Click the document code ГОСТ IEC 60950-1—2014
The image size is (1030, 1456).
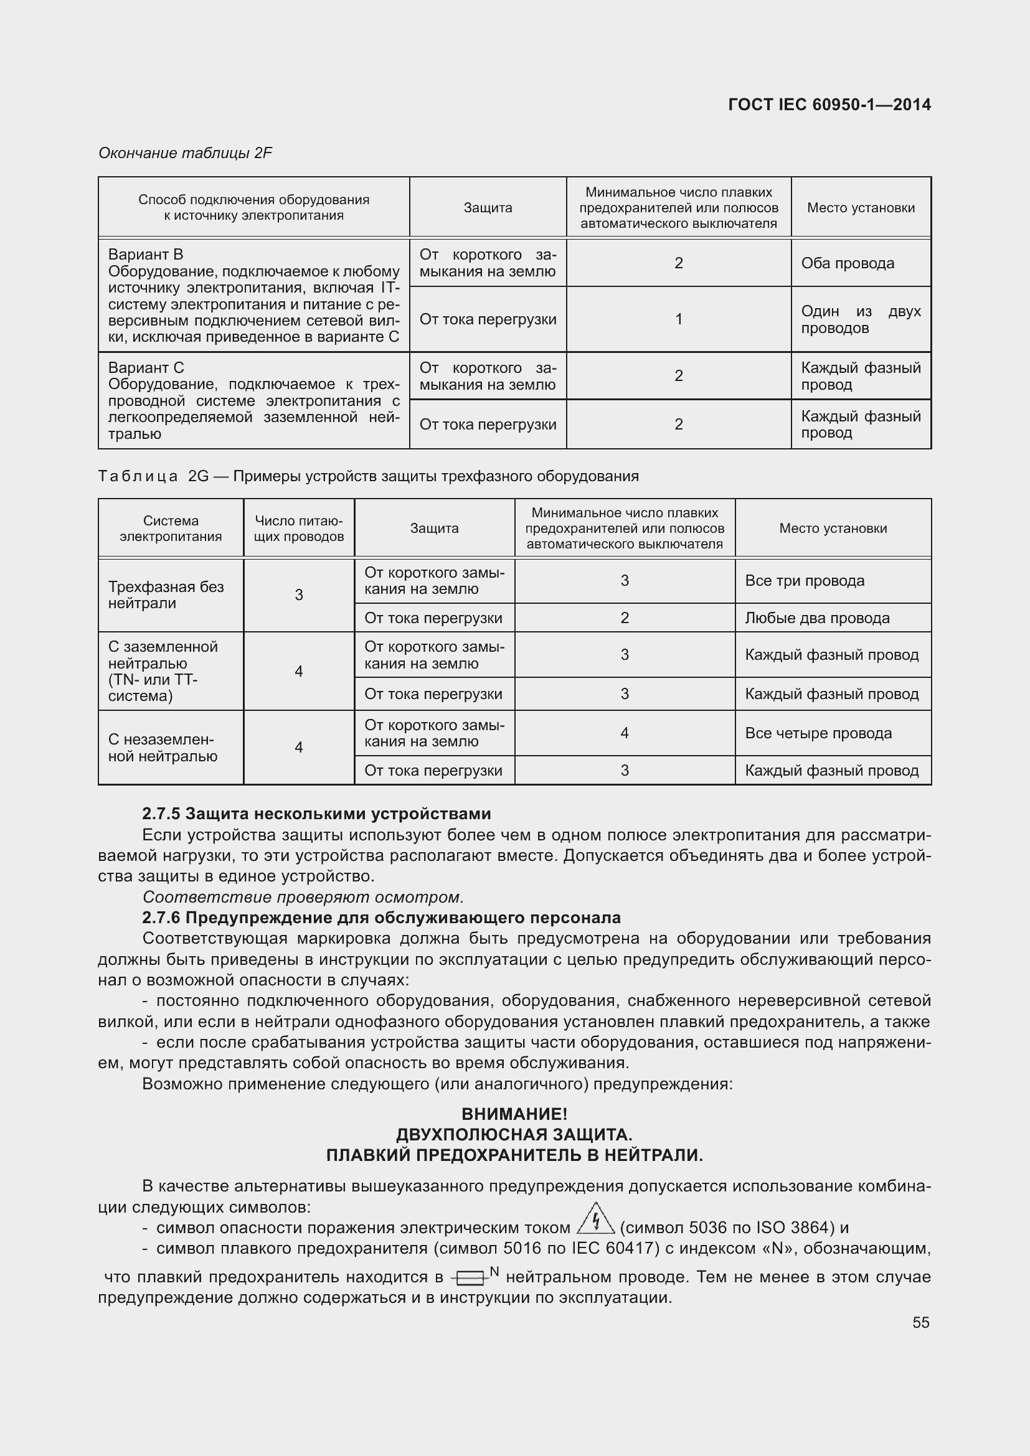point(829,105)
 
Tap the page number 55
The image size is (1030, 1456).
point(920,1322)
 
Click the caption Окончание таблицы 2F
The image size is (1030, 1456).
point(185,153)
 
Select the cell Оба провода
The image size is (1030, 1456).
point(848,263)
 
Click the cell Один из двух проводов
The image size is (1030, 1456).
point(860,319)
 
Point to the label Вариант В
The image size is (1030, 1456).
point(145,255)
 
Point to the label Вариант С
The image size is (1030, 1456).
point(146,368)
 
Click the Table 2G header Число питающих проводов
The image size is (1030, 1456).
point(299,528)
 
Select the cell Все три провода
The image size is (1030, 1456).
point(804,581)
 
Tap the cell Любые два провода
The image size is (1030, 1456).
point(817,618)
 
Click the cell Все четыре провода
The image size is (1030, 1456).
point(818,733)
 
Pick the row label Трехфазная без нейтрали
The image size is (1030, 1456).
point(166,595)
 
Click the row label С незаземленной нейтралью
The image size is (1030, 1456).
point(163,748)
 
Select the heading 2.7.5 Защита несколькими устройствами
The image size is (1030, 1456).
point(316,814)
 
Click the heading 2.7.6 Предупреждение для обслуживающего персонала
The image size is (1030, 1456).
point(381,918)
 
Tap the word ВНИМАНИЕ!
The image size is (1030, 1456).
point(514,1114)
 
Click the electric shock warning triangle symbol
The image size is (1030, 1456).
point(595,1219)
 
